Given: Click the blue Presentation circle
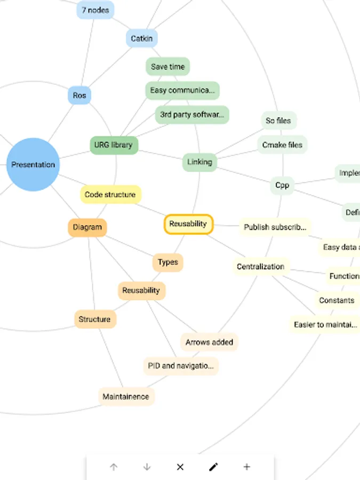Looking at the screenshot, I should point(33,164).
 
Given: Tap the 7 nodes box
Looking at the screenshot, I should point(95,10).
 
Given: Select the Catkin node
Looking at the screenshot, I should point(142,38).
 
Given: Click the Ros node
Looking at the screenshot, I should point(79,95).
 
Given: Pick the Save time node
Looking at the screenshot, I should point(167,67).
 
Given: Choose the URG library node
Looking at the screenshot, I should point(113,145).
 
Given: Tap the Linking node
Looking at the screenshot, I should point(199,162).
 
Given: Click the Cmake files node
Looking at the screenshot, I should point(282,145).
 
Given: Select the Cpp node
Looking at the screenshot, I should point(282,185).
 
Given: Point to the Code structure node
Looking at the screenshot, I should point(110,195).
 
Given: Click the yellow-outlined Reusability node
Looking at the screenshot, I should point(188,224).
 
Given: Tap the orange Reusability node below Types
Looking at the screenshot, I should point(141,291).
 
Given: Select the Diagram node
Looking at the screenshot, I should point(87,227).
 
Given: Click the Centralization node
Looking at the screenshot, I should point(261,267).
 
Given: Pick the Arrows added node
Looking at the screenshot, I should point(209,342).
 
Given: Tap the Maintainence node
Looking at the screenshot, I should point(126,397).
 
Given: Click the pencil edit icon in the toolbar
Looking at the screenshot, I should point(213,467).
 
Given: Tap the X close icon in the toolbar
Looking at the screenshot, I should point(180,467).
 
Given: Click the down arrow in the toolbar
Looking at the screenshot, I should point(147,467).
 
